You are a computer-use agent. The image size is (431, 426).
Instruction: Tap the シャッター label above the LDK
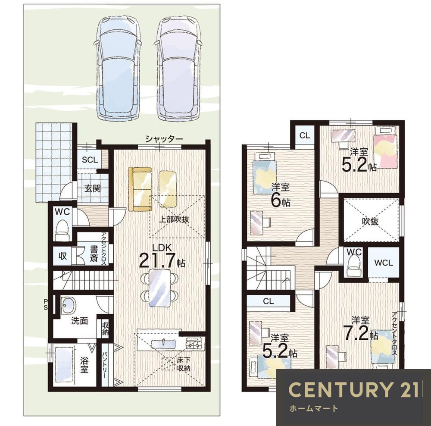(x=164, y=139)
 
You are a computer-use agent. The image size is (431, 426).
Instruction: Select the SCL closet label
(x=90, y=160)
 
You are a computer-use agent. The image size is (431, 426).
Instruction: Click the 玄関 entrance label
(x=92, y=189)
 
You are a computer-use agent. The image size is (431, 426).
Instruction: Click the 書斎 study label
(x=94, y=254)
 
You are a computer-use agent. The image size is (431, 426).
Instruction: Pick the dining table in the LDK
(x=159, y=288)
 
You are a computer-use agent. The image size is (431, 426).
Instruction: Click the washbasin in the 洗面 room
(x=68, y=306)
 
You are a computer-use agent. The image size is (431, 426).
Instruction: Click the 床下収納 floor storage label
(x=184, y=364)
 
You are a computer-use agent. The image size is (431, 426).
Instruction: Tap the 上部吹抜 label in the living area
(x=174, y=219)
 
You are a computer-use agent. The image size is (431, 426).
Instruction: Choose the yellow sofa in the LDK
(x=140, y=189)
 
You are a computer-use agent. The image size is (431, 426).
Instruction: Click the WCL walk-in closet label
(x=384, y=263)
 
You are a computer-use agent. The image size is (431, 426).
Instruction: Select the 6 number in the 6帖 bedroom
(x=275, y=200)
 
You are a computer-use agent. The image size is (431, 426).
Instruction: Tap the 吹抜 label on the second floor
(x=370, y=221)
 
